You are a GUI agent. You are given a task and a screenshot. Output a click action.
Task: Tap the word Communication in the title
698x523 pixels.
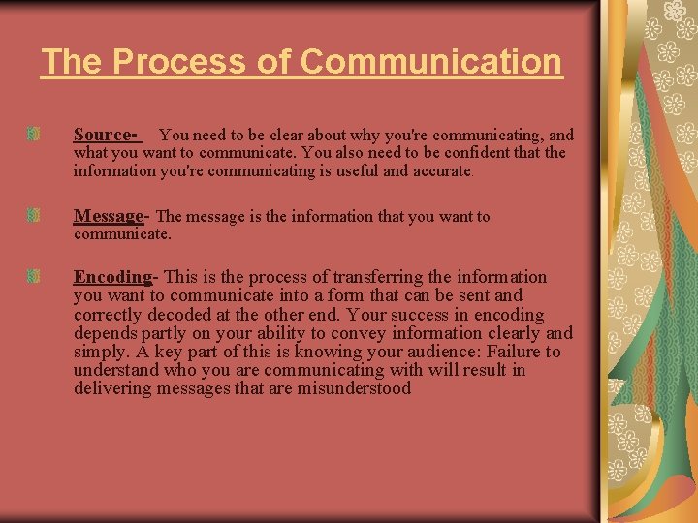click(x=431, y=62)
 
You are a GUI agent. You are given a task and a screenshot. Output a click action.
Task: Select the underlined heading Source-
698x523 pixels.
click(x=107, y=135)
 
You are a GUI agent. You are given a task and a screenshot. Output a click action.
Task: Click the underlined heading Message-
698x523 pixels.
click(x=111, y=216)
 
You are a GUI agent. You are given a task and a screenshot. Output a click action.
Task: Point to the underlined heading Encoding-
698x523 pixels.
click(x=114, y=277)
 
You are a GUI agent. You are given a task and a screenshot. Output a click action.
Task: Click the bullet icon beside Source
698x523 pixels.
click(x=34, y=132)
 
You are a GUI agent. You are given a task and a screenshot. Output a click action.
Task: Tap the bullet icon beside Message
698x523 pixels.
click(x=34, y=213)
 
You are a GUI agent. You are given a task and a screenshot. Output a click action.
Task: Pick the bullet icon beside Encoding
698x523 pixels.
click(x=34, y=277)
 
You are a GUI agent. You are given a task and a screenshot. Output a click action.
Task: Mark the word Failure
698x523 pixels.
click(x=515, y=352)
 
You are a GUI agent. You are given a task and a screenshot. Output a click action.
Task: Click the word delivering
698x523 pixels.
click(x=110, y=388)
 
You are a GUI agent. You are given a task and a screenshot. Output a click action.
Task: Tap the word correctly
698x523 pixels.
click(x=106, y=315)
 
